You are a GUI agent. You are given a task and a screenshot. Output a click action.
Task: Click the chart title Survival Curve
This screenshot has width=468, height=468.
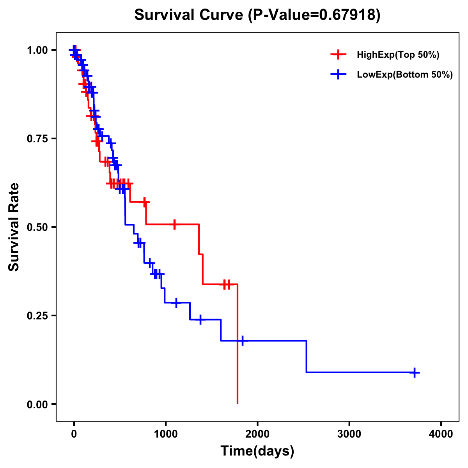[x=189, y=15]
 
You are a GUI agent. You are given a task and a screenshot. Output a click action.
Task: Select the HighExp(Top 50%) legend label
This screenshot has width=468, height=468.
[x=398, y=55]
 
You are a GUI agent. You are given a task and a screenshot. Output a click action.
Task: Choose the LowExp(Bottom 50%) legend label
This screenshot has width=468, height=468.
[x=405, y=75]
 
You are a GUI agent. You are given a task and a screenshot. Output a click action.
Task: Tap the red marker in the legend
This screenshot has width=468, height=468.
[x=338, y=55]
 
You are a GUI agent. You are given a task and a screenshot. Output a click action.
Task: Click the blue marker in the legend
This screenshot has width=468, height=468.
[x=338, y=74]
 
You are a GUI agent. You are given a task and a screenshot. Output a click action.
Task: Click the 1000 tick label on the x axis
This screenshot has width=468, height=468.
[x=166, y=434]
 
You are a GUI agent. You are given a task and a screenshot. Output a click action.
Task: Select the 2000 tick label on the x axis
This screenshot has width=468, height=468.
[x=257, y=434]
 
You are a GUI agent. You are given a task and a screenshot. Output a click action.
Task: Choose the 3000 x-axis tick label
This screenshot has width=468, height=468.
[x=349, y=434]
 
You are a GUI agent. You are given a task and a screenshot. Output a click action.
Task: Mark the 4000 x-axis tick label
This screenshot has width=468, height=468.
[x=441, y=434]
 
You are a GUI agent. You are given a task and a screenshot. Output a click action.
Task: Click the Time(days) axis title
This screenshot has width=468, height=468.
[x=257, y=451]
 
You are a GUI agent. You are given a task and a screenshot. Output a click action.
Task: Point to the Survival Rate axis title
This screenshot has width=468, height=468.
[x=14, y=227]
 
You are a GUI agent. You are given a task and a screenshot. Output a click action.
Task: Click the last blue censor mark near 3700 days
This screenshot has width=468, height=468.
[x=415, y=372]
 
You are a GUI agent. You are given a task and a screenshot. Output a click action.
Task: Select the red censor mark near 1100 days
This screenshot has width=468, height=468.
[x=174, y=224]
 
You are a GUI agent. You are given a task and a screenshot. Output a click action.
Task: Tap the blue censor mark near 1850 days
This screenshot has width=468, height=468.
[x=242, y=340]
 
